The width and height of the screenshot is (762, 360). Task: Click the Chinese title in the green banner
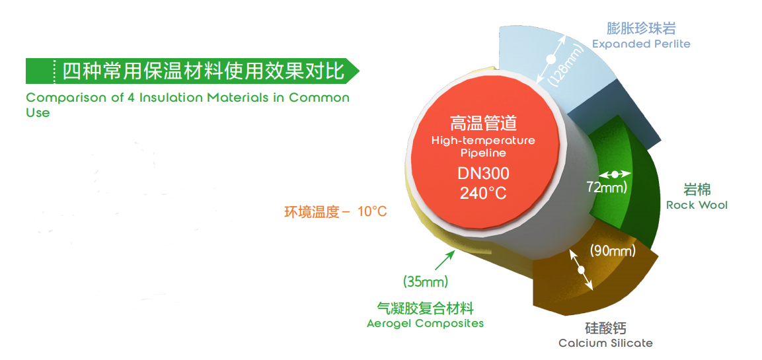204,71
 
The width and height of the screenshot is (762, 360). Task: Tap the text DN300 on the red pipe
483,174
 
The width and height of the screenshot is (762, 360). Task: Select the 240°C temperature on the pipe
483,194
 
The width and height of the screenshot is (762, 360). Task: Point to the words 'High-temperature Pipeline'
483,147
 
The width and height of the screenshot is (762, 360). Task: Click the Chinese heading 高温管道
483,124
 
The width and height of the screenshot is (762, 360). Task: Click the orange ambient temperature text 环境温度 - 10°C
336,212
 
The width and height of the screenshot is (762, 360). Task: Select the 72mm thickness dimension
607,187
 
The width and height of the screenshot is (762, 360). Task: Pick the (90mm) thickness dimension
613,251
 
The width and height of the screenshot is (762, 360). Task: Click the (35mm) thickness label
425,281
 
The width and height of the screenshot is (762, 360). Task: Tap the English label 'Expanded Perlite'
641,44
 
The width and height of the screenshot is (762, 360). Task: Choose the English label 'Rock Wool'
697,205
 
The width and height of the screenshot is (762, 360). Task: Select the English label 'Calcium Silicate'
605,343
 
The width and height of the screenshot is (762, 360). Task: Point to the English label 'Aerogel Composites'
425,323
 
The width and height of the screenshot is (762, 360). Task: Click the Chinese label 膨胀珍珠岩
642,28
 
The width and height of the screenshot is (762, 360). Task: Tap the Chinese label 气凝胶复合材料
425,308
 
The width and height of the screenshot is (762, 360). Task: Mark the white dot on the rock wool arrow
615,174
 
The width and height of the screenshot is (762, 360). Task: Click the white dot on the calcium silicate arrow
581,270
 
